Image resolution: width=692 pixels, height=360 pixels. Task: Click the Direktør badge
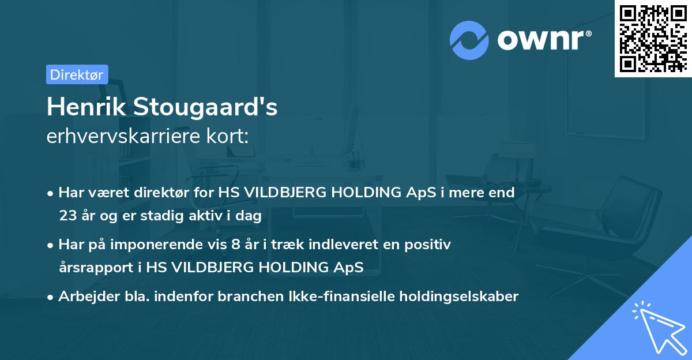pos(77,74)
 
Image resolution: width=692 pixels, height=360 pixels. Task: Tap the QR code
pos(653,38)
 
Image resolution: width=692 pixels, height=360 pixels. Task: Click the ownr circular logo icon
pos(469,40)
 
